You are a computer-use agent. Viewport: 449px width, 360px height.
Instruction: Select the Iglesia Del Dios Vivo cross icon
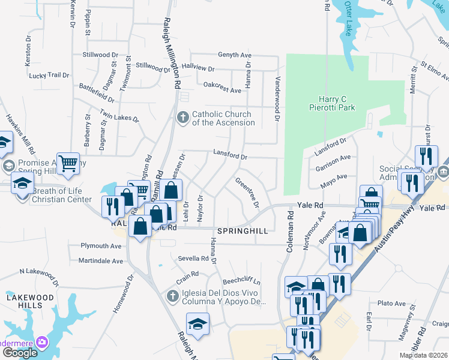click(x=173, y=296)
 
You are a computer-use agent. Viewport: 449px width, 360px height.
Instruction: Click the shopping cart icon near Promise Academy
click(x=68, y=162)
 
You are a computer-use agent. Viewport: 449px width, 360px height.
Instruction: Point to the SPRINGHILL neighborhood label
click(x=241, y=230)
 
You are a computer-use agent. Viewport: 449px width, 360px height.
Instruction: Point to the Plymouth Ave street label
click(x=101, y=246)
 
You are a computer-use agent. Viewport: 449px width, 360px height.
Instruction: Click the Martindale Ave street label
click(x=101, y=261)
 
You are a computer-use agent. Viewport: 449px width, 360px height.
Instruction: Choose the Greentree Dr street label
click(x=247, y=193)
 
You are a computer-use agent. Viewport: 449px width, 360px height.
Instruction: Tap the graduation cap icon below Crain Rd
click(x=197, y=325)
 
